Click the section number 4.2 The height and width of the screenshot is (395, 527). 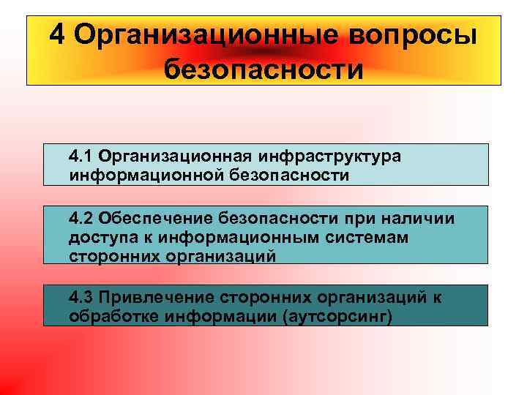81,218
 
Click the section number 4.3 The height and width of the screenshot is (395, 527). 81,297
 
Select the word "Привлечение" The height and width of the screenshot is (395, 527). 152,297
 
